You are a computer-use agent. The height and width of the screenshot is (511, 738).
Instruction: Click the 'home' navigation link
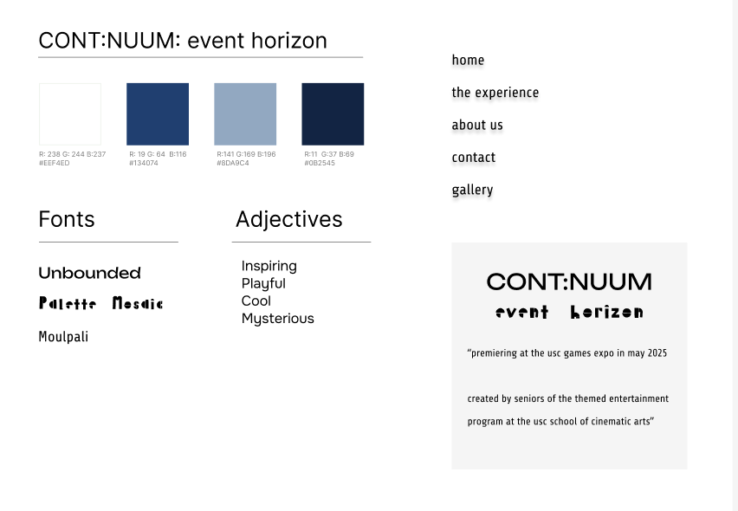pos(468,61)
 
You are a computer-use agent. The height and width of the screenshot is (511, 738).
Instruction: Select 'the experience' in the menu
pos(495,93)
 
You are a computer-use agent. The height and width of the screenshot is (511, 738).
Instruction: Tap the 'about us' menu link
pos(477,126)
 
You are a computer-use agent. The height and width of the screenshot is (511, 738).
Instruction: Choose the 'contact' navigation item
pos(474,158)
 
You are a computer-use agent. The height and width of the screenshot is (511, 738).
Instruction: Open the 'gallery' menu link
pos(473,191)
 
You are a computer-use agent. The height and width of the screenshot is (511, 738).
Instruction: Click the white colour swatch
pos(70,114)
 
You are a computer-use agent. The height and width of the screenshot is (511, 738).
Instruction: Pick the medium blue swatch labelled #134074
pos(158,114)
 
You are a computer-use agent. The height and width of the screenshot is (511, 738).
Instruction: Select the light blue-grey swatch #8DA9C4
pos(245,114)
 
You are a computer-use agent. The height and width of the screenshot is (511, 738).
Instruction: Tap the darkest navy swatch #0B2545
pos(333,114)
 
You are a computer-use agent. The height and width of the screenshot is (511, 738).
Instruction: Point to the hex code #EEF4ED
pos(54,164)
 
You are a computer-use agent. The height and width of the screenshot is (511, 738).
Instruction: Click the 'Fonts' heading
pos(67,219)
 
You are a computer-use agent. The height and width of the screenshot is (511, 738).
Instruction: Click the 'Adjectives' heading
pos(289,220)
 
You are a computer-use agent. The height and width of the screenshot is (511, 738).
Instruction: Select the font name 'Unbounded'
pos(90,273)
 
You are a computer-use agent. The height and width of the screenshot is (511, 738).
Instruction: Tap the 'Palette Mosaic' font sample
pos(101,303)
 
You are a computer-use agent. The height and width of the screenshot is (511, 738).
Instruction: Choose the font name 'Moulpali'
pos(63,337)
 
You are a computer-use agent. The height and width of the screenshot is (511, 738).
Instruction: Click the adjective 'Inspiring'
pos(269,266)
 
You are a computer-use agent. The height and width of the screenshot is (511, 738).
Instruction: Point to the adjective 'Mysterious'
pos(278,319)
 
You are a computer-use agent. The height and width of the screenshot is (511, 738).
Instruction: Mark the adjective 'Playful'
pos(263,284)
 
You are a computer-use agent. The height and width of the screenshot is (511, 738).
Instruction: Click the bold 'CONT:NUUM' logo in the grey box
pos(569,281)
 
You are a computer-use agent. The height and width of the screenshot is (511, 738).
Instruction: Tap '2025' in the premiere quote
pos(657,353)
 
